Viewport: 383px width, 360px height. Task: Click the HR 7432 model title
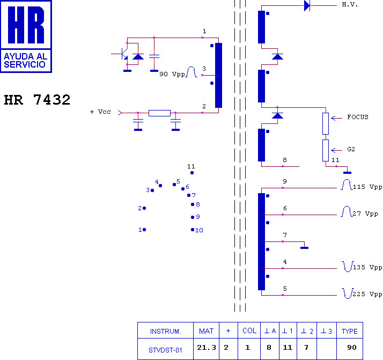[37, 100]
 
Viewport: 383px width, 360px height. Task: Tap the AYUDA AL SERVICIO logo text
[25, 60]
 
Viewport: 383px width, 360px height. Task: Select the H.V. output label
[350, 4]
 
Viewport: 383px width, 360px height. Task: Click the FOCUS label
[358, 117]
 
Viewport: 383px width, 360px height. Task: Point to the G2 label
[351, 149]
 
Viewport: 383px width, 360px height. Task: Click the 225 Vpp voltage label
[367, 294]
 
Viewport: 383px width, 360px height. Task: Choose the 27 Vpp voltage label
[365, 214]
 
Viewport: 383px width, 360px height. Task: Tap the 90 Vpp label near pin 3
[172, 74]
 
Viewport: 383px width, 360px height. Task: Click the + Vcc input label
[100, 112]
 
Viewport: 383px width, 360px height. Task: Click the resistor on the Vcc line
[159, 113]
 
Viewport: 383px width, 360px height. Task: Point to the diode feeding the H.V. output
[307, 5]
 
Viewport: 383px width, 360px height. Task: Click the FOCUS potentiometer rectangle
[326, 123]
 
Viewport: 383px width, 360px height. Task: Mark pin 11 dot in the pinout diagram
[192, 173]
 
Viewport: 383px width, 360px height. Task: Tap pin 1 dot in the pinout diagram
[144, 230]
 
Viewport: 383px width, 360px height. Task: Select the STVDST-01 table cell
[165, 349]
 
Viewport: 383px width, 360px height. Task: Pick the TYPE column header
[350, 330]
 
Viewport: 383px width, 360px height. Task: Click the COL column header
[249, 330]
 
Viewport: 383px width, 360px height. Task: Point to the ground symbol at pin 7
[304, 248]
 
